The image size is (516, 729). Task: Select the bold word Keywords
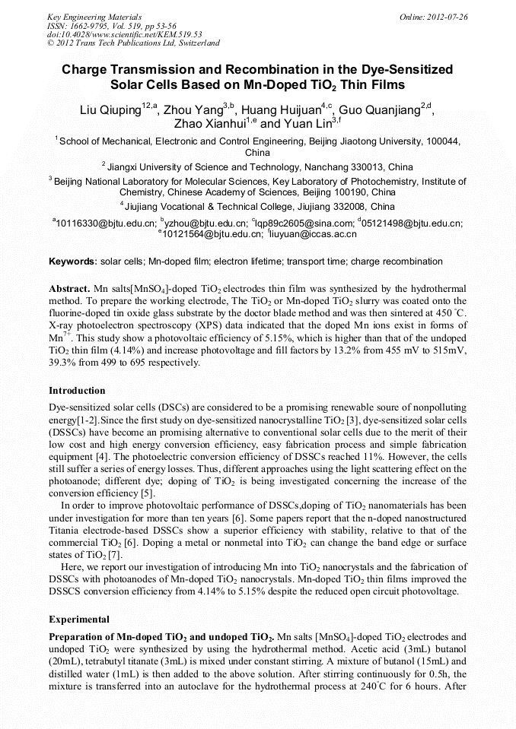pos(72,261)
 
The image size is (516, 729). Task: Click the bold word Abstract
pos(69,290)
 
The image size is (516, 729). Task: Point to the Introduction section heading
pos(77,391)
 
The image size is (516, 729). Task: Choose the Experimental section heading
pos(79,619)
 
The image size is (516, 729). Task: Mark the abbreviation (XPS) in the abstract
pos(200,327)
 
